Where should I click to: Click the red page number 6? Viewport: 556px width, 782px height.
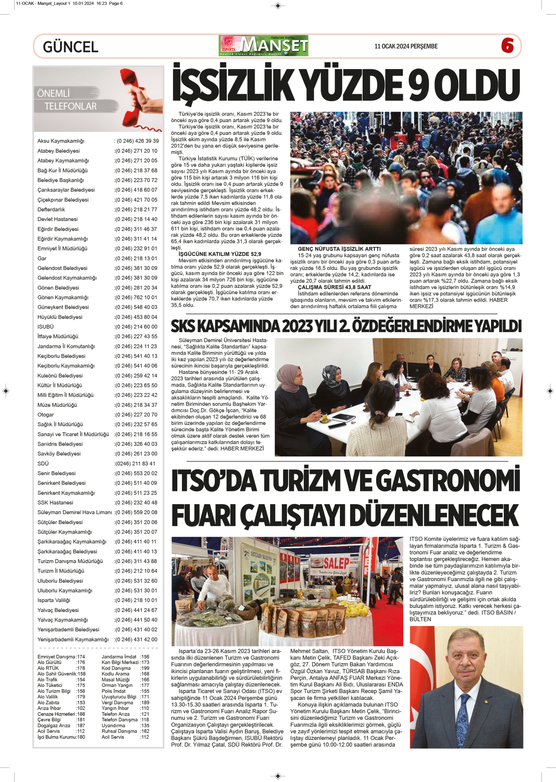click(507, 46)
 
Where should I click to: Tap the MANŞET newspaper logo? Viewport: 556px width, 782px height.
click(264, 46)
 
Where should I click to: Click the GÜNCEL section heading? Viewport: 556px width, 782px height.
click(70, 47)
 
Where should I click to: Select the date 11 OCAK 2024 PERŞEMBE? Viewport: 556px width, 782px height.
click(406, 47)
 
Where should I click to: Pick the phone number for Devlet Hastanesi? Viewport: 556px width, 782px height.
click(136, 219)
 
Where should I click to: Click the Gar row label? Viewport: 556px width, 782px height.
click(42, 258)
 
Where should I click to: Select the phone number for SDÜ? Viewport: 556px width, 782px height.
click(135, 463)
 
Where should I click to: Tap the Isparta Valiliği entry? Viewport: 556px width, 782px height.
click(54, 600)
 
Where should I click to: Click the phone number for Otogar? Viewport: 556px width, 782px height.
click(136, 415)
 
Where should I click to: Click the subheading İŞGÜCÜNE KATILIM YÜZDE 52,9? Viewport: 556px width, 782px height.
click(220, 254)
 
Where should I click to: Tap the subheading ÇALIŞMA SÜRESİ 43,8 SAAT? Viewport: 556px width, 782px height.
click(334, 287)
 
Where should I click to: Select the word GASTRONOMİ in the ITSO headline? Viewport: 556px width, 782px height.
click(447, 481)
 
